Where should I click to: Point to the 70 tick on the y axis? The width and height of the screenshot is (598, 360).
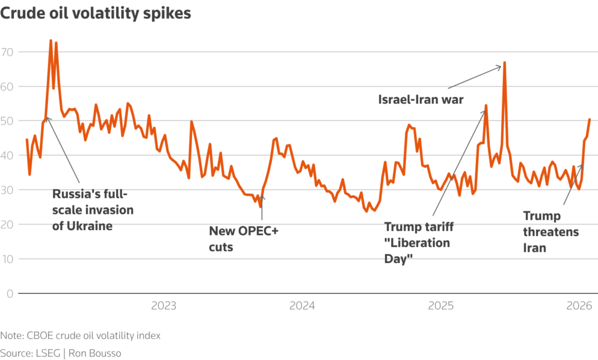8,52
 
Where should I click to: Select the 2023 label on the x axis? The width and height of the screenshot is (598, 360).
164,306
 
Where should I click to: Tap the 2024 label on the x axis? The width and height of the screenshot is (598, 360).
303,306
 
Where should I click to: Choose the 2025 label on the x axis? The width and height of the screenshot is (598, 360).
441,306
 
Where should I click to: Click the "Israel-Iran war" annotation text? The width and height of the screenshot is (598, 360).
420,100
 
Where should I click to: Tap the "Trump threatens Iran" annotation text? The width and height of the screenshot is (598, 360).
551,232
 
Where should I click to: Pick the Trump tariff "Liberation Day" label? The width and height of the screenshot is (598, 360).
418,242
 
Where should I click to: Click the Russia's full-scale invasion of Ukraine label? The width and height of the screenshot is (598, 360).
93,210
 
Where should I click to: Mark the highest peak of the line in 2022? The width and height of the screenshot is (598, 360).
51,41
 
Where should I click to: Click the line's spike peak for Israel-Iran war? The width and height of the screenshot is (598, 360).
504,62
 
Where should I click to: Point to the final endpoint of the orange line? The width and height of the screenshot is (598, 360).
590,119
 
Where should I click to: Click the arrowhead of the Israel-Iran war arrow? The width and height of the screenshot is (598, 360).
500,66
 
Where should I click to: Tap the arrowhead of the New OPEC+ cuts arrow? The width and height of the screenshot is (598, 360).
262,198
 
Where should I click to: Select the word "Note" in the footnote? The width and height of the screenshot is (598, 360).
11,335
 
